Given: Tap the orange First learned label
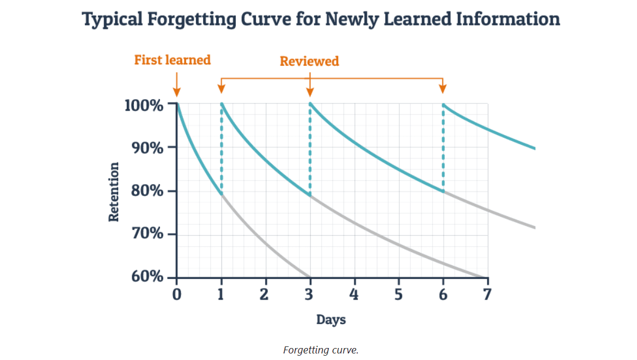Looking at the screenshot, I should (172, 60).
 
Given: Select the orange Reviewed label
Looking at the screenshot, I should (309, 61).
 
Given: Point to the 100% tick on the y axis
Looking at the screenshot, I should (144, 105).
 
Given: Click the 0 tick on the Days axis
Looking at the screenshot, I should (176, 295).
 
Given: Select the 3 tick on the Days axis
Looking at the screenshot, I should (310, 295).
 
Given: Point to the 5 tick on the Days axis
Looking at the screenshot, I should (399, 295).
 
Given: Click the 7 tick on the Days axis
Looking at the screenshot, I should (487, 295).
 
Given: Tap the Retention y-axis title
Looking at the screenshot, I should (114, 192).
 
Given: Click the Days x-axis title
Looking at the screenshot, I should (331, 320).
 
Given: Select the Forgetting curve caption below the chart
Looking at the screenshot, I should (321, 350).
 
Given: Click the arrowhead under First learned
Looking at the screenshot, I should (176, 94).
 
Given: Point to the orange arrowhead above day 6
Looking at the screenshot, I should (443, 89).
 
